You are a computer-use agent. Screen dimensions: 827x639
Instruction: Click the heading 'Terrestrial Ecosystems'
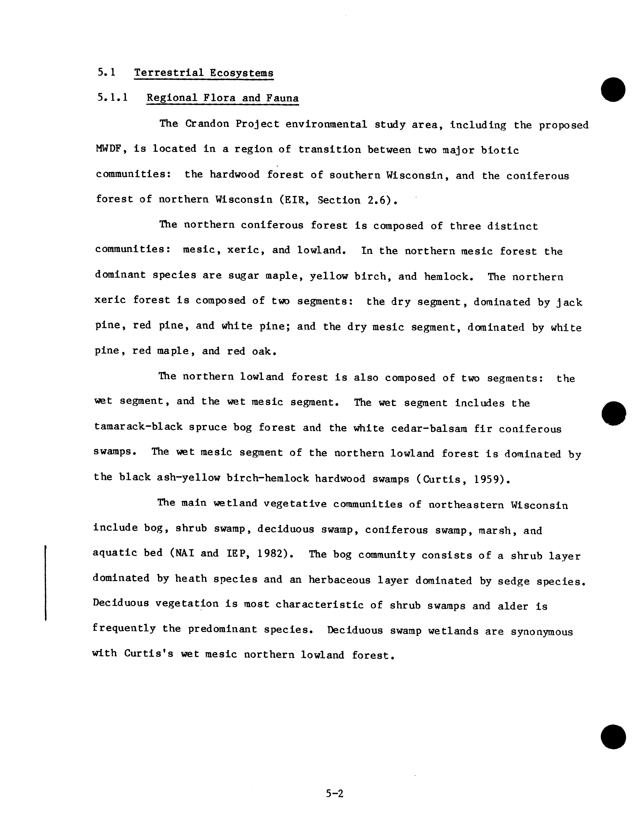204,73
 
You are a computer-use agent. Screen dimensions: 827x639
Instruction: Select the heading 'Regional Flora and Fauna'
223,98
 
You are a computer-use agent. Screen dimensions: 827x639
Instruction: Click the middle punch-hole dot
613,413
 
